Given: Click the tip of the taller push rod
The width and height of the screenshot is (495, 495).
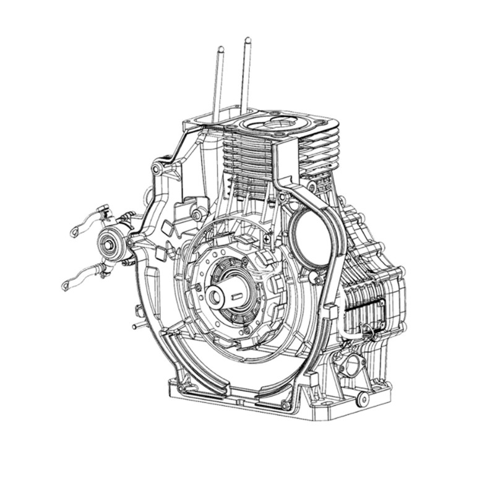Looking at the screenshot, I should [247, 41].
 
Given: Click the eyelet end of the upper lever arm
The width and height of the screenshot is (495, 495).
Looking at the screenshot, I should [74, 231].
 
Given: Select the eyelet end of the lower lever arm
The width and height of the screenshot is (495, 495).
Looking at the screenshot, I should [66, 285].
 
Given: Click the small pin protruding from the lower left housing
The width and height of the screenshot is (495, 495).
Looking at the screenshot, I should [134, 325].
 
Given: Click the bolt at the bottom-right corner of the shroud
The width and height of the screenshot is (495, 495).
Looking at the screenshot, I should [285, 406].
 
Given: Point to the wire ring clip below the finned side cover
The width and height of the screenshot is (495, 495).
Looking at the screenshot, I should [372, 334].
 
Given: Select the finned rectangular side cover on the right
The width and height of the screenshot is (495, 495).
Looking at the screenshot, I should [369, 299].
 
